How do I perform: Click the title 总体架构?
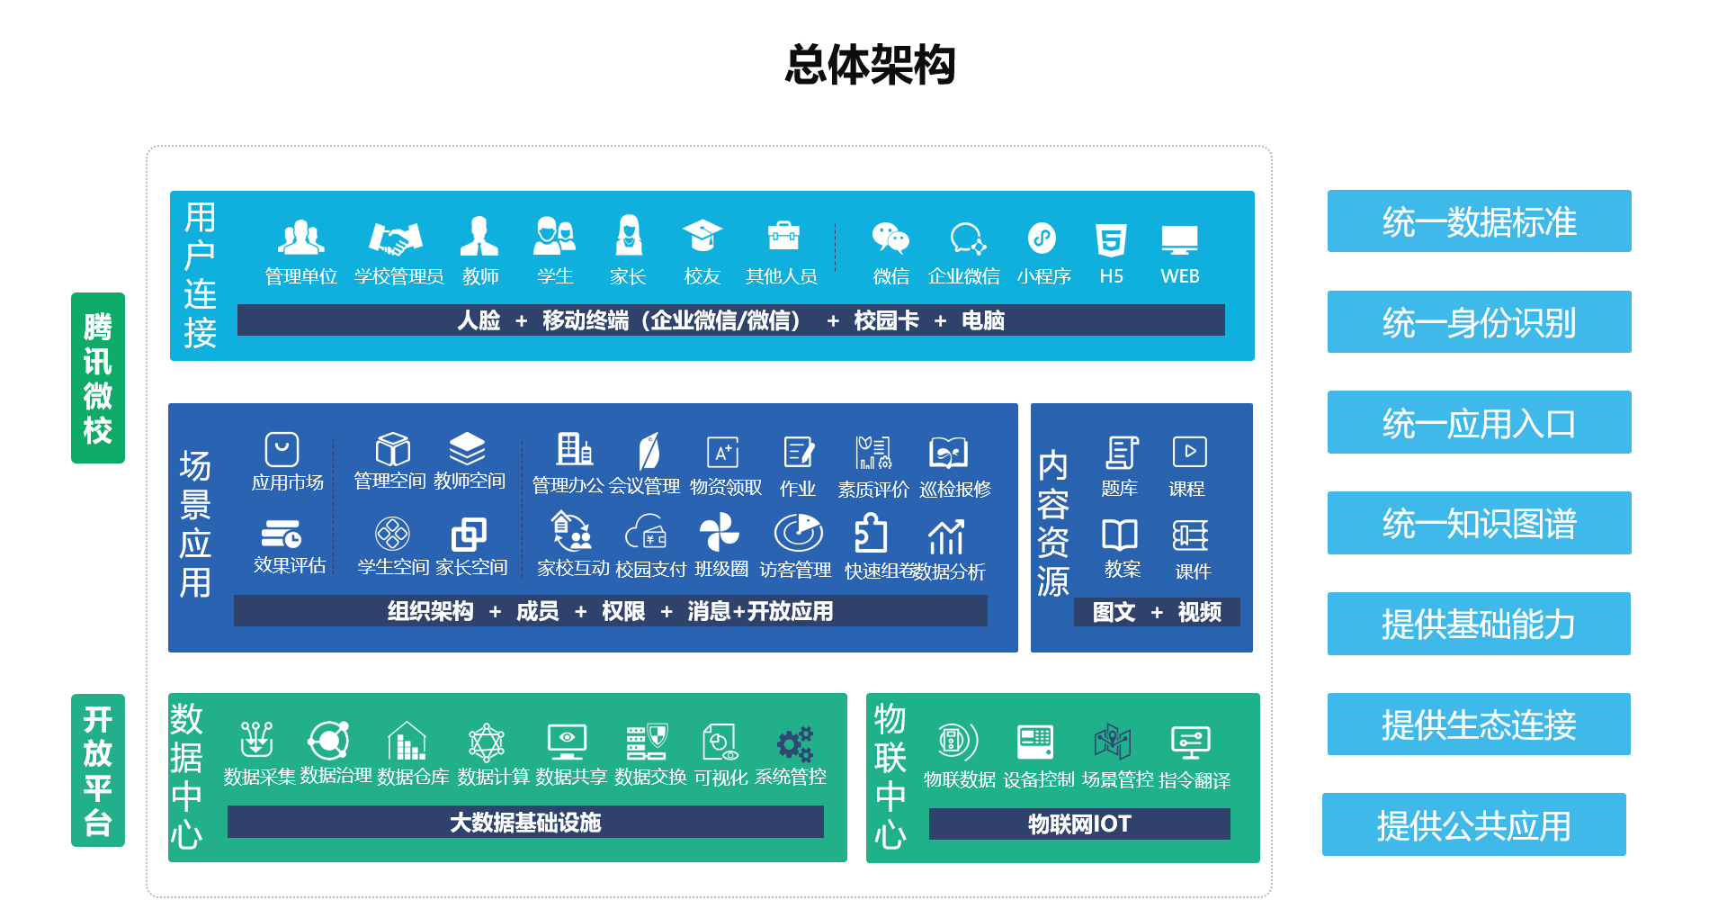(870, 65)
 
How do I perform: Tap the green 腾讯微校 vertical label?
(98, 378)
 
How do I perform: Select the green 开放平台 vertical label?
(98, 770)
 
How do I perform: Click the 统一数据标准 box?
(1479, 221)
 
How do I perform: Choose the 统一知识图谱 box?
(1479, 523)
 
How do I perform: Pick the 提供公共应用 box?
(1473, 824)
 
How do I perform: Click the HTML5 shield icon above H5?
(1111, 240)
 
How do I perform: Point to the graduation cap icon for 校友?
(702, 236)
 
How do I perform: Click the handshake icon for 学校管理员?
(396, 238)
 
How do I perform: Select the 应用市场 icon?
(282, 449)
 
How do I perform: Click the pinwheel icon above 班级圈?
(720, 531)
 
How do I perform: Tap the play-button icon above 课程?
(1189, 452)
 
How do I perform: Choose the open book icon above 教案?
(1120, 535)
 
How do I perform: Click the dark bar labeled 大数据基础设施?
(525, 822)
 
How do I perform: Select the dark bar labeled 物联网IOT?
(1079, 823)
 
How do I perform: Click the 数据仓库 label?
(413, 777)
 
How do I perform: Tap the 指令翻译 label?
(1195, 780)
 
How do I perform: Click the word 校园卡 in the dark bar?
(886, 320)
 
